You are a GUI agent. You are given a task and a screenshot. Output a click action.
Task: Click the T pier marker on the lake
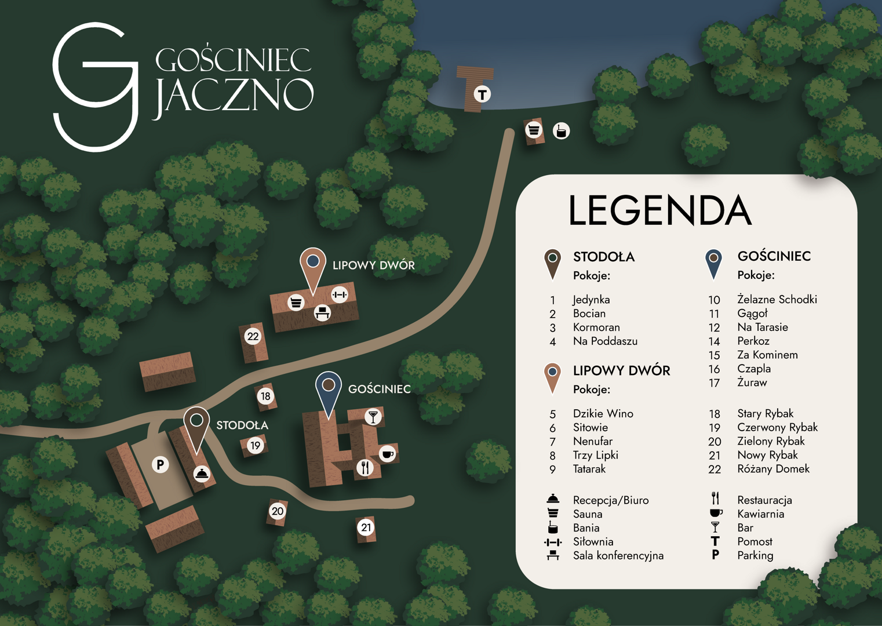(x=482, y=94)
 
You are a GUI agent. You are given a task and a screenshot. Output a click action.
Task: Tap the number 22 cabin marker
(x=253, y=336)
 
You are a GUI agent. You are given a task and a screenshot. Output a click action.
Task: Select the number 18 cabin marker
(x=265, y=396)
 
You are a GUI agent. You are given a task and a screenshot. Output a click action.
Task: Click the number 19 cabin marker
(x=256, y=446)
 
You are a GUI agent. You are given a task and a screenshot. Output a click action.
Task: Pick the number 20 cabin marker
(x=278, y=511)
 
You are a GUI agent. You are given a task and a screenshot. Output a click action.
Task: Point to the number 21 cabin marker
(x=366, y=527)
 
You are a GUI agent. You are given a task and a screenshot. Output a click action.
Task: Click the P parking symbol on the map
(x=161, y=464)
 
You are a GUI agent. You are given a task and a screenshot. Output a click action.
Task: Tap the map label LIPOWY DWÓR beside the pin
(x=373, y=265)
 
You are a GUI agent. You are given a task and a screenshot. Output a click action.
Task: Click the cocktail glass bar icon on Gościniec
(x=373, y=416)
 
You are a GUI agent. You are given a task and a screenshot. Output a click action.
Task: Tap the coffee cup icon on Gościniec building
(x=387, y=453)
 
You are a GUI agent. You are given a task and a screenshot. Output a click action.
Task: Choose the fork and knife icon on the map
(x=365, y=467)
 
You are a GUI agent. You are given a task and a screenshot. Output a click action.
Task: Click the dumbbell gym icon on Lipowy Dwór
(x=340, y=294)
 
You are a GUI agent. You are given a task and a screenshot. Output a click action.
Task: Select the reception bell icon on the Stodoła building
(x=202, y=474)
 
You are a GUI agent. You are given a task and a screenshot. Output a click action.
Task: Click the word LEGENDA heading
(x=659, y=210)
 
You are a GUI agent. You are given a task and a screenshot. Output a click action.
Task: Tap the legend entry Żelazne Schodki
(x=777, y=300)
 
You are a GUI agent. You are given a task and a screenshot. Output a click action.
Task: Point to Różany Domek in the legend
(x=773, y=469)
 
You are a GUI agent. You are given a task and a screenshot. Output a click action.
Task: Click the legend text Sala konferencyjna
(x=618, y=556)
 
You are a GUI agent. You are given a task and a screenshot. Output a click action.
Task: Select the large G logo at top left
(x=96, y=87)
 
